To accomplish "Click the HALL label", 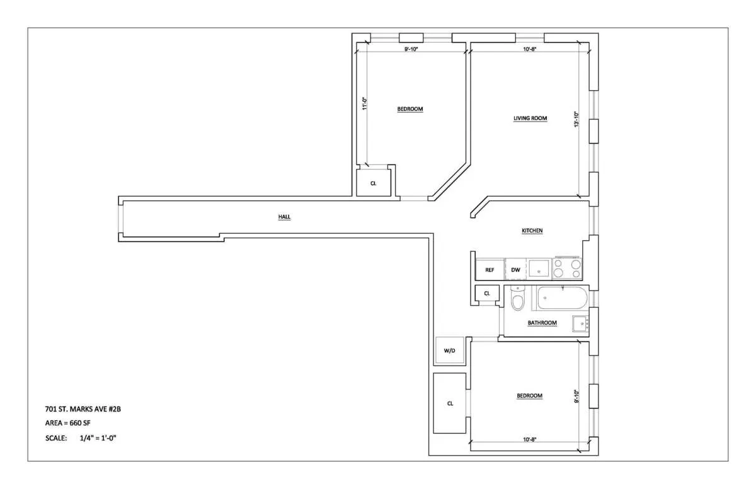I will tap(284, 217).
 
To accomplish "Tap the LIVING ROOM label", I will tap(530, 118).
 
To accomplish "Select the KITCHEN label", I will tap(532, 231).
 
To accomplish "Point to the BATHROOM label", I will tap(542, 323).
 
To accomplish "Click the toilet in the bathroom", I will tap(517, 299).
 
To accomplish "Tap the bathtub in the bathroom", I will tap(561, 298).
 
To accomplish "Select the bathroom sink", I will tap(580, 324).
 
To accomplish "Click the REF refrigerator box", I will tap(490, 270).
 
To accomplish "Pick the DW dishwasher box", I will tap(515, 270).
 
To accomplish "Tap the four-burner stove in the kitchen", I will tap(568, 268).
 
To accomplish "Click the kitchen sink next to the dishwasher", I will tap(539, 269).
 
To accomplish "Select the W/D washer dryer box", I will tap(450, 350).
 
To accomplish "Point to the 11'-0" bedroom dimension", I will tap(364, 103).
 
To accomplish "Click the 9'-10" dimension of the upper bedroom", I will tap(413, 49).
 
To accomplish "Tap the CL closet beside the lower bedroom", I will tap(450, 403).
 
